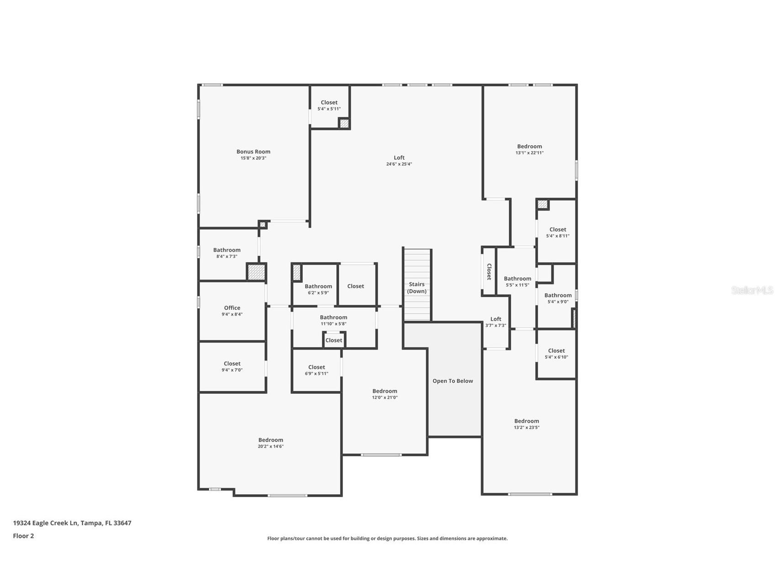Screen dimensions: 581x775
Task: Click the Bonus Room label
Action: tap(253, 152)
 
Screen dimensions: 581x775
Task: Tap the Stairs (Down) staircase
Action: tap(417, 288)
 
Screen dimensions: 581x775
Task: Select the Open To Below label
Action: tap(453, 381)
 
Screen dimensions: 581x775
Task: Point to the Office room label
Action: tap(232, 308)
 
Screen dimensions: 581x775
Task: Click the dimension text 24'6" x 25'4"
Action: tap(399, 164)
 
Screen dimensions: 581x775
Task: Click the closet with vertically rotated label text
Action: tap(489, 271)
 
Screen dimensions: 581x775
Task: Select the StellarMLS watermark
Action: tap(752, 290)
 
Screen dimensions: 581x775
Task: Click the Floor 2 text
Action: tap(23, 536)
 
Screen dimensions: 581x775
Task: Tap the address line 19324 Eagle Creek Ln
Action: tap(72, 523)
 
